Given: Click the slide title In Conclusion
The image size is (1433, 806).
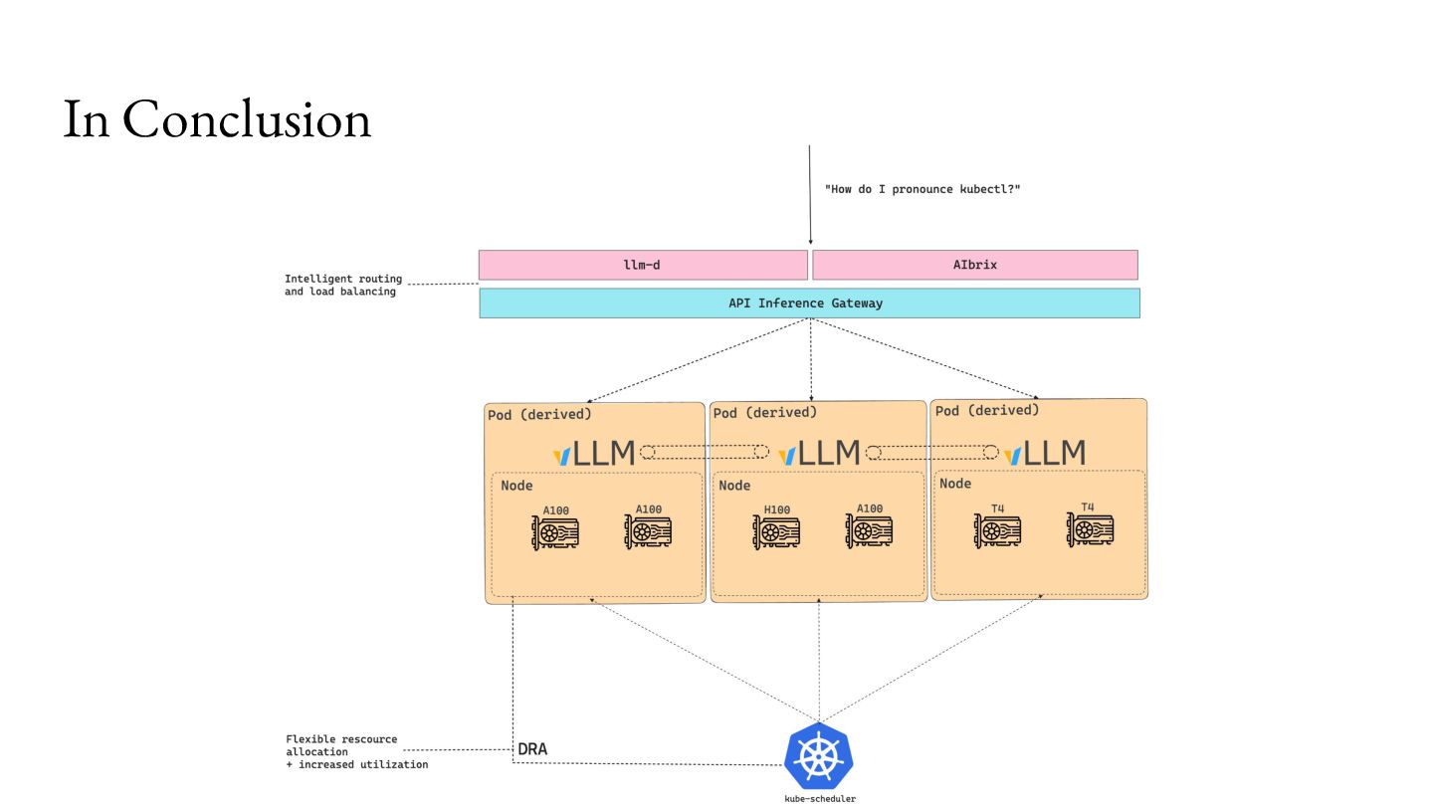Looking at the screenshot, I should (217, 119).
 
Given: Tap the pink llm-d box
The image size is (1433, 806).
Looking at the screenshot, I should (643, 265).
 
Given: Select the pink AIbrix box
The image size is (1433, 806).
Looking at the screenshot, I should (974, 265).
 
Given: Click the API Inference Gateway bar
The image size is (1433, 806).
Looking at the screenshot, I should (808, 303).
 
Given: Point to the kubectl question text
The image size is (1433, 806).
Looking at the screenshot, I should (922, 189).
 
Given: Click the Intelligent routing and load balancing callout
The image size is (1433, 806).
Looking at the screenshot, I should (342, 286).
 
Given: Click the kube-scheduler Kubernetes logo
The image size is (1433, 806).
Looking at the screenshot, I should (818, 757).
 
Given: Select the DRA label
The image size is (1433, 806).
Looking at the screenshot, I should (532, 748).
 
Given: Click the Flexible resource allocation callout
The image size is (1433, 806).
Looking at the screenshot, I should (355, 752).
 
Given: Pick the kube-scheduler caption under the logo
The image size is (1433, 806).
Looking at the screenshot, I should (818, 798).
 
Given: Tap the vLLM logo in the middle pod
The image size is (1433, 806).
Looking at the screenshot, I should (818, 454).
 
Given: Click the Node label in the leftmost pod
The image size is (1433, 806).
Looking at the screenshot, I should (516, 486).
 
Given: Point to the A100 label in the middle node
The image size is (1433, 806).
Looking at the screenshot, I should (870, 508).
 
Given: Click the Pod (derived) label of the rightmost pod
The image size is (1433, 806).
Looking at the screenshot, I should (987, 410).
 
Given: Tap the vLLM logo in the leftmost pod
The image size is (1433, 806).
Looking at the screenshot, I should (594, 455).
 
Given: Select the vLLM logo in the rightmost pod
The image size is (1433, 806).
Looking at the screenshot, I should (1044, 454).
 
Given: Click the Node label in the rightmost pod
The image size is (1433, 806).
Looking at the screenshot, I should (955, 484).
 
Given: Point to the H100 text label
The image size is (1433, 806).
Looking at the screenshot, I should (777, 510).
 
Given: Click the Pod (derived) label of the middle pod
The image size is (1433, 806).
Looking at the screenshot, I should (765, 412).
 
